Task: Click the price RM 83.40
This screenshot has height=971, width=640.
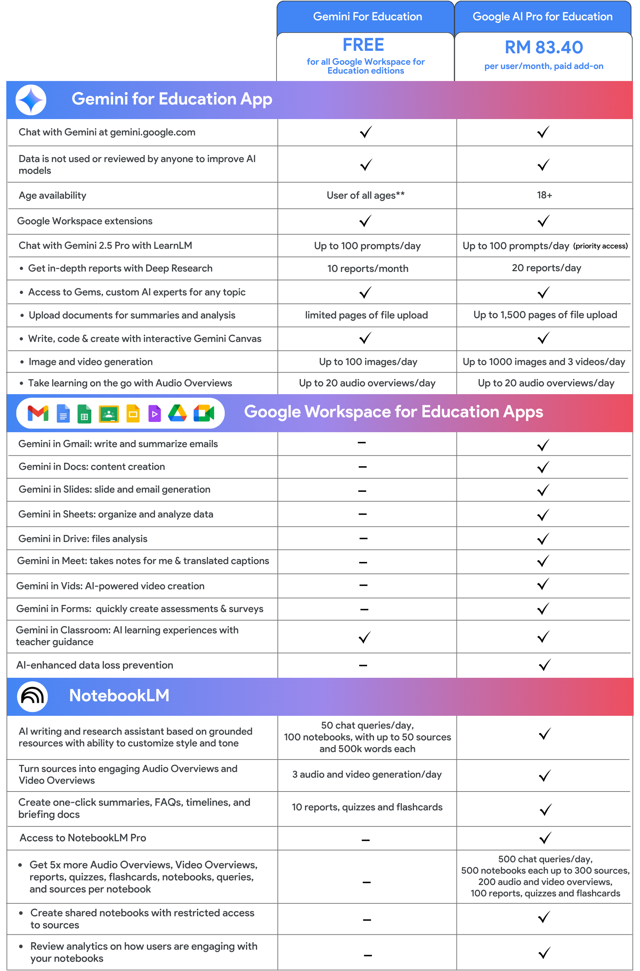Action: pyautogui.click(x=544, y=47)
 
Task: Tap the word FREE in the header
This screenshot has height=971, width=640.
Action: pyautogui.click(x=363, y=45)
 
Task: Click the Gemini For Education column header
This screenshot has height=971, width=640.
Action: pyautogui.click(x=367, y=17)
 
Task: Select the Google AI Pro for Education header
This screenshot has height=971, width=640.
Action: pyautogui.click(x=543, y=17)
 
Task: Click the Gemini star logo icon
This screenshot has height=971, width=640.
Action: pyautogui.click(x=31, y=100)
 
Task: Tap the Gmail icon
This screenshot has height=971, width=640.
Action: pyautogui.click(x=38, y=413)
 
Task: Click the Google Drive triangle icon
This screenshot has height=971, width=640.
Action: pyautogui.click(x=177, y=413)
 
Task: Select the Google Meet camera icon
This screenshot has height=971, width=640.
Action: pyautogui.click(x=204, y=413)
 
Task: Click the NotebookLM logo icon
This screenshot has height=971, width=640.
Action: pyautogui.click(x=32, y=696)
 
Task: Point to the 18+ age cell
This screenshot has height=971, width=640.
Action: pyautogui.click(x=544, y=195)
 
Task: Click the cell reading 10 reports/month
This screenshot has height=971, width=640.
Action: pyautogui.click(x=367, y=268)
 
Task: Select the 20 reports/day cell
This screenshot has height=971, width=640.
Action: pyautogui.click(x=546, y=268)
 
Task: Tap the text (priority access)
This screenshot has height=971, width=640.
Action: pyautogui.click(x=600, y=246)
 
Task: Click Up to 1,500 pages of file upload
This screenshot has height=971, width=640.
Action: pyautogui.click(x=545, y=315)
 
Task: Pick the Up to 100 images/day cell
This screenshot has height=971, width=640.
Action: pyautogui.click(x=368, y=362)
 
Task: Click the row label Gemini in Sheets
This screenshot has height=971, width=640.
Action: pyautogui.click(x=116, y=515)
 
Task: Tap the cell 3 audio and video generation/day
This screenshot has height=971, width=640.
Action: pyautogui.click(x=367, y=774)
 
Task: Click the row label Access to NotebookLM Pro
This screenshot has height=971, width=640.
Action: pyautogui.click(x=83, y=838)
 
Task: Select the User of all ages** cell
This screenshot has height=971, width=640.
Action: pyautogui.click(x=365, y=195)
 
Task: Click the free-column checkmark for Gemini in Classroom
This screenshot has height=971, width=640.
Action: pyautogui.click(x=364, y=637)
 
